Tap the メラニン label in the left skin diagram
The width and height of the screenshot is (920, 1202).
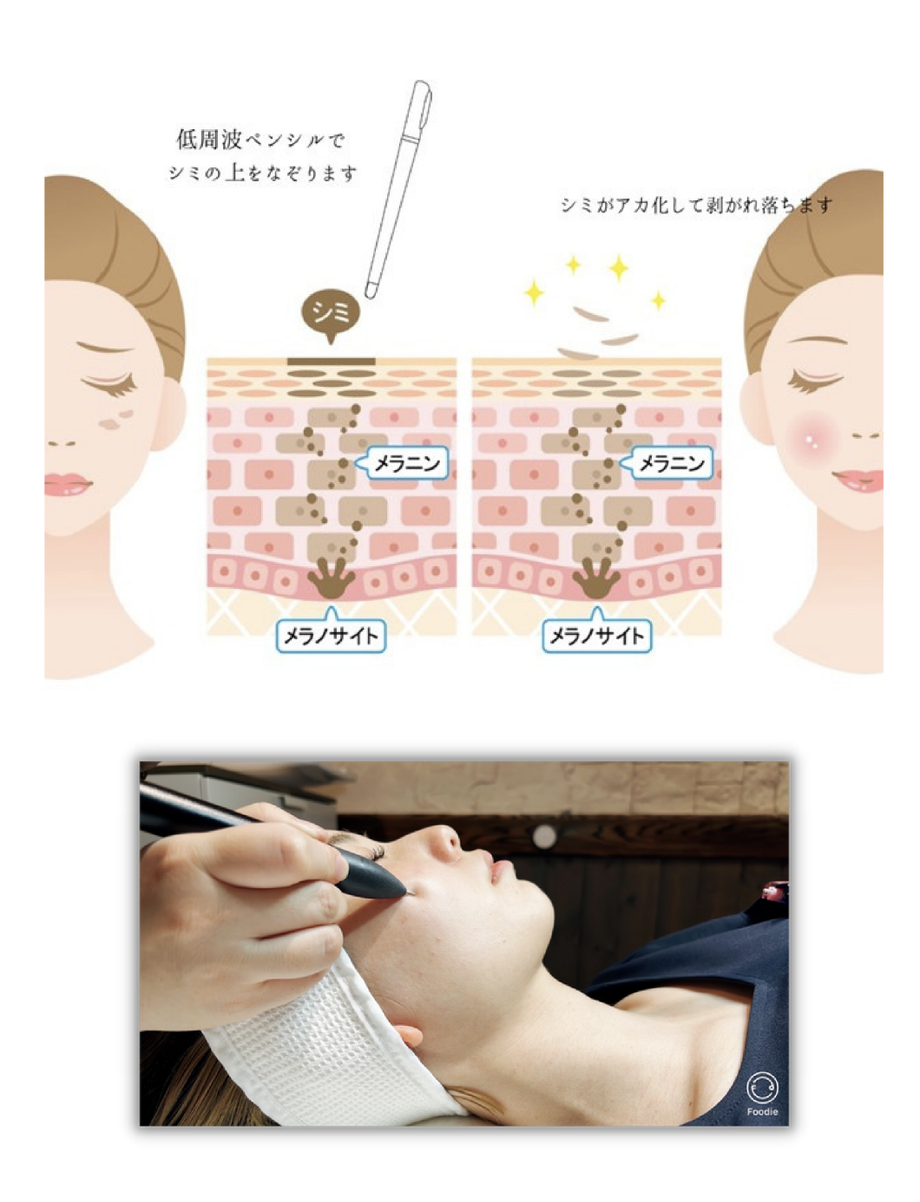pos(406,464)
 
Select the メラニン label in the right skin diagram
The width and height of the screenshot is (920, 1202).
pos(671,464)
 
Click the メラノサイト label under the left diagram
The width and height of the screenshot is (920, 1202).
pos(331,635)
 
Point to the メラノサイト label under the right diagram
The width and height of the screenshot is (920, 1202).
pos(597,635)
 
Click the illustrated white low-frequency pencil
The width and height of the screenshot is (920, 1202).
pos(398,189)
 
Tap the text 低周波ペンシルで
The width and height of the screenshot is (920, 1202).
pos(260,140)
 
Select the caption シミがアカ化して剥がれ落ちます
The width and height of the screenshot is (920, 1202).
pos(696,206)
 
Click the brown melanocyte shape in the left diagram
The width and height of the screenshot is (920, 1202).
pos(331,578)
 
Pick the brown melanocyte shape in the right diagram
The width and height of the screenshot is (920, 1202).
pos(596,578)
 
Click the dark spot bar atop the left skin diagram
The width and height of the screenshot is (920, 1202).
pos(331,362)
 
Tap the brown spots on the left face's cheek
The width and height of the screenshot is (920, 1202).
pos(116,420)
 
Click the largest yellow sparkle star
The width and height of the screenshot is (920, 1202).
pos(619,268)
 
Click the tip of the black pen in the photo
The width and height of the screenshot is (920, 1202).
pos(412,895)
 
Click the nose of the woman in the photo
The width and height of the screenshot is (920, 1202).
pos(445,840)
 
